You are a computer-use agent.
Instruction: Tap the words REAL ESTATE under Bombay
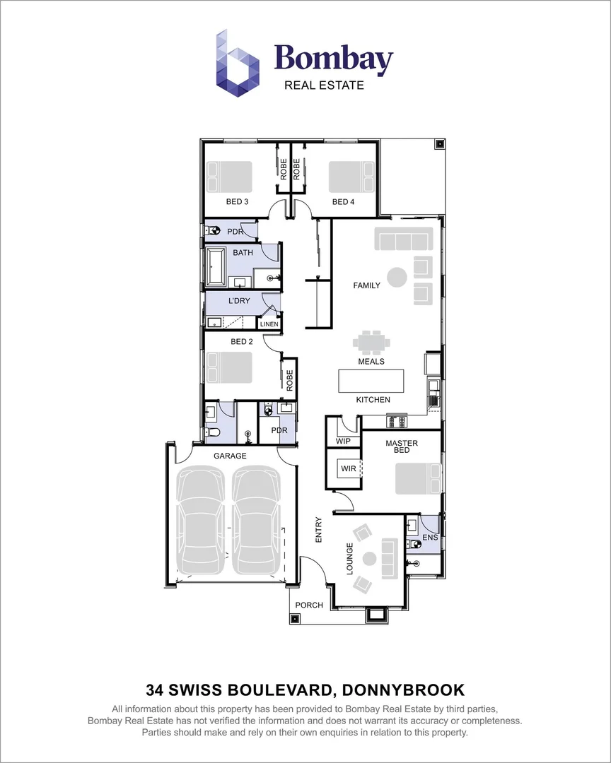[x=324, y=85]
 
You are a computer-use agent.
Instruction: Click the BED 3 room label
[x=237, y=202]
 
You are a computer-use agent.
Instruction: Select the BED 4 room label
[x=343, y=202]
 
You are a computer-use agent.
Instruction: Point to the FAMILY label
[x=367, y=285]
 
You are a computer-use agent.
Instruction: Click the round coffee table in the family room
[x=397, y=276]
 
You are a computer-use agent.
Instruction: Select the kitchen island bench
[x=371, y=381]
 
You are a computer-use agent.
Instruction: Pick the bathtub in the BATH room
[x=216, y=267]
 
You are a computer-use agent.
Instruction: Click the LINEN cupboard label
[x=269, y=324]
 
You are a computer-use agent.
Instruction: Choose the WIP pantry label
[x=344, y=441]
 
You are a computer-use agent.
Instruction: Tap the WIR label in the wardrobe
[x=347, y=468]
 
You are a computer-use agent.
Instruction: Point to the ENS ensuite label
[x=429, y=538]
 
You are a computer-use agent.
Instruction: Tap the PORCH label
[x=309, y=605]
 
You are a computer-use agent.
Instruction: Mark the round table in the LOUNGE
[x=368, y=558]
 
